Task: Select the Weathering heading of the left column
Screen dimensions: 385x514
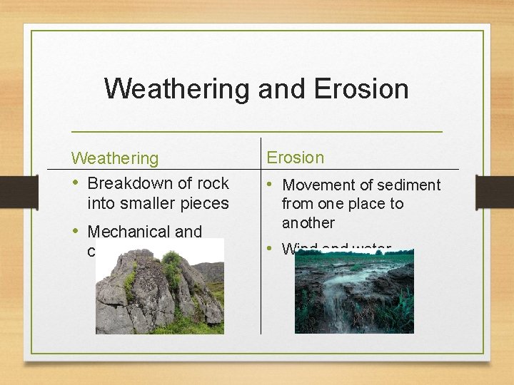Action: pyautogui.click(x=114, y=158)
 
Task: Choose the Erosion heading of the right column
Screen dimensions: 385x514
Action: pyautogui.click(x=295, y=158)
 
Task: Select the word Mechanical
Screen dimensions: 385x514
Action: pyautogui.click(x=128, y=232)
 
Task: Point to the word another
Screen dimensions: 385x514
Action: pyautogui.click(x=308, y=222)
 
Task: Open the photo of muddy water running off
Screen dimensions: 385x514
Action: pyautogui.click(x=354, y=292)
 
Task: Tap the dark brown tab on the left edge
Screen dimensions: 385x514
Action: pyautogui.click(x=9, y=192)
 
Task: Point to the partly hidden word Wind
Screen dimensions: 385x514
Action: pyautogui.click(x=299, y=248)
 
